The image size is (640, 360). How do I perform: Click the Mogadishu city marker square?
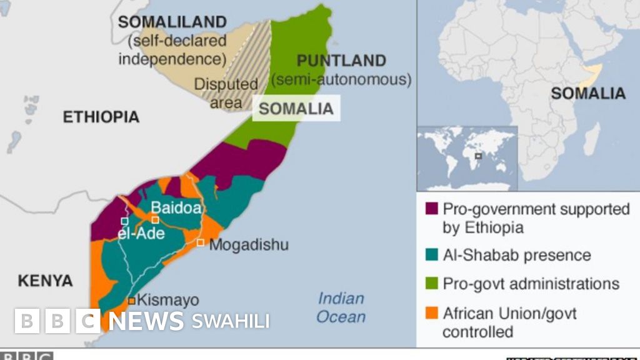pos(201,242)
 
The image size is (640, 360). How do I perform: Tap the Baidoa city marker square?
pos(156,219)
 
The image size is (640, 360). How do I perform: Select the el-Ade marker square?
pos(124,221)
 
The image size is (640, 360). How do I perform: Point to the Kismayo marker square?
pos(132,301)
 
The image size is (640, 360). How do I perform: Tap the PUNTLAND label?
pos(341,61)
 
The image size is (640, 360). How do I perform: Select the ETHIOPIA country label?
pos(101,117)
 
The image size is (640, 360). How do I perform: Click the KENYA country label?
pos(45,281)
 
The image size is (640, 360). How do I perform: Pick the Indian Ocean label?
pos(341,307)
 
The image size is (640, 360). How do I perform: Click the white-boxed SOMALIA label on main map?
pos(296,108)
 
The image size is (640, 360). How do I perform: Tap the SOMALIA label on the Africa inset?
pos(587,94)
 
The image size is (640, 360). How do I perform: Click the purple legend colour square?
pos(431,209)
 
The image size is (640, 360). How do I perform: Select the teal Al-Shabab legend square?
pos(431,255)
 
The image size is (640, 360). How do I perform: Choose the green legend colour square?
pos(431,284)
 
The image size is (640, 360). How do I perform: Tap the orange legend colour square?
pos(431,312)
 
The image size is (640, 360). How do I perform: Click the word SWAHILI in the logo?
pos(231,321)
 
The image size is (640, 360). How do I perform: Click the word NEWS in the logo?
pos(146,321)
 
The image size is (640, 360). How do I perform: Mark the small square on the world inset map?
pos(478,156)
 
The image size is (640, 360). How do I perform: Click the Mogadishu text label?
pos(249,244)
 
